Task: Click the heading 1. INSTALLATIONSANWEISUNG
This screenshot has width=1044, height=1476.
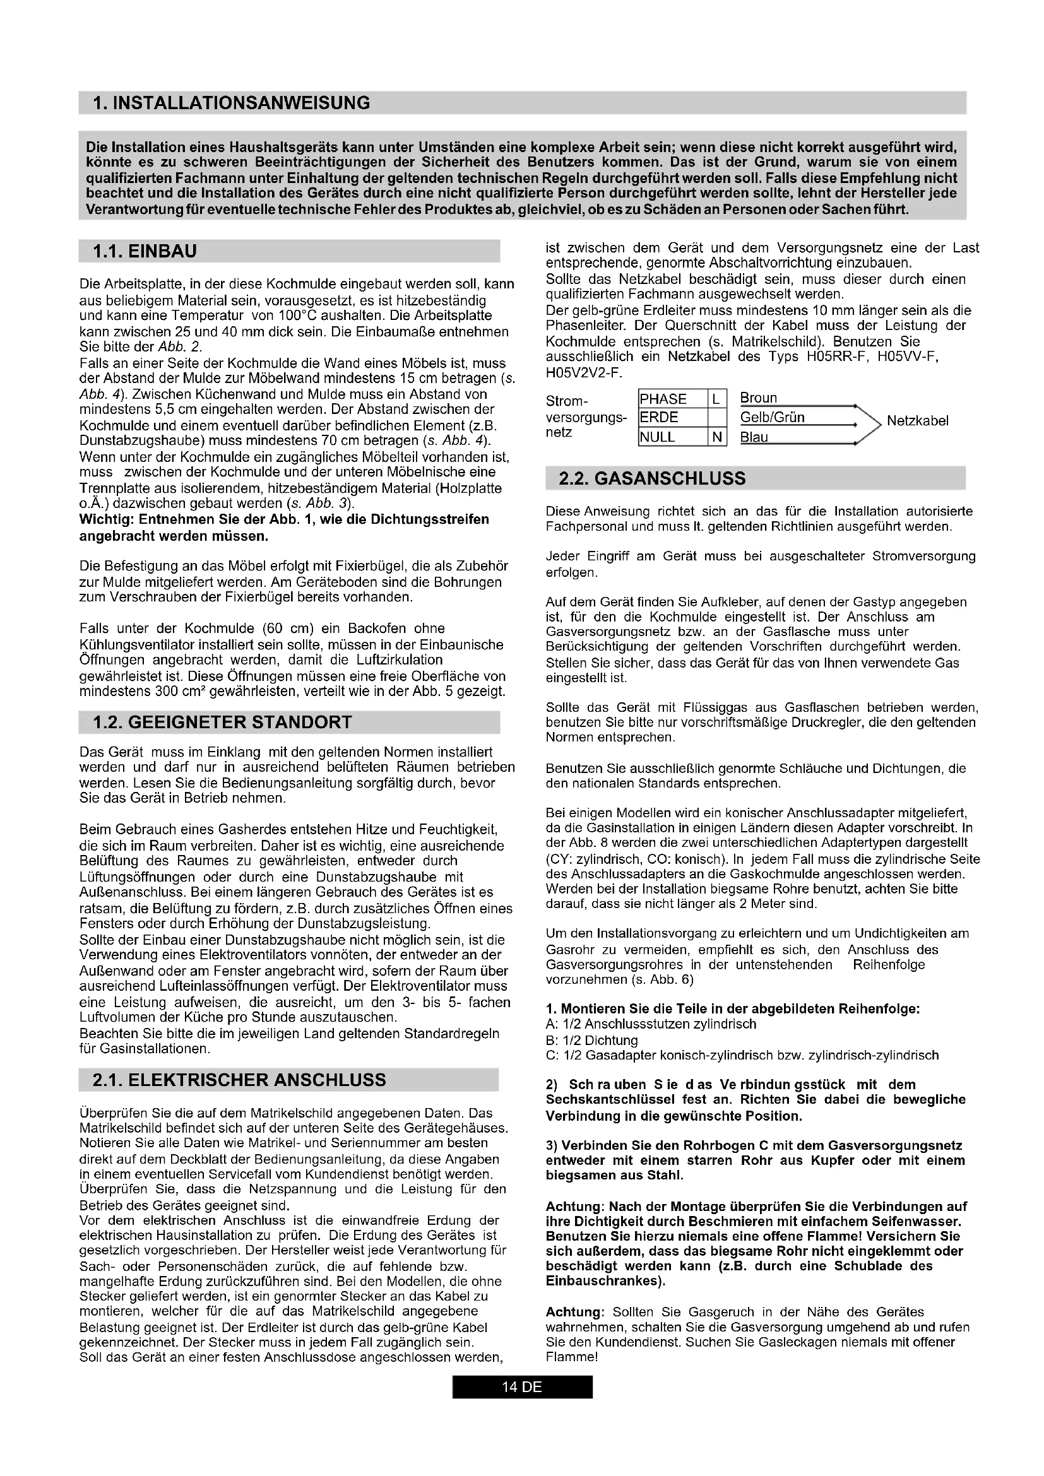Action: (x=232, y=103)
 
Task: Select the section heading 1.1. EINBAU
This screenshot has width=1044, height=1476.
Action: (x=145, y=251)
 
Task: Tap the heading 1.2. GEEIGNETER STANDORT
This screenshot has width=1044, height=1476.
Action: (x=222, y=722)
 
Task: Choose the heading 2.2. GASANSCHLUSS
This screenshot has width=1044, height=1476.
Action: (x=652, y=478)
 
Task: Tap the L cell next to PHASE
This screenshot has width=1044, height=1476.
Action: (x=716, y=399)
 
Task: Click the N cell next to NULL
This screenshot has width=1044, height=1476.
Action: (x=716, y=437)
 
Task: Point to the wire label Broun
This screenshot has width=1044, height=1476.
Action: (x=759, y=398)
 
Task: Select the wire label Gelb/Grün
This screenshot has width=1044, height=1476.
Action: (x=772, y=417)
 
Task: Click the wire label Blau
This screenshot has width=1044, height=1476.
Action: (x=754, y=437)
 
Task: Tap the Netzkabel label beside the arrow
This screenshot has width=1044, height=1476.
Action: (x=917, y=421)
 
